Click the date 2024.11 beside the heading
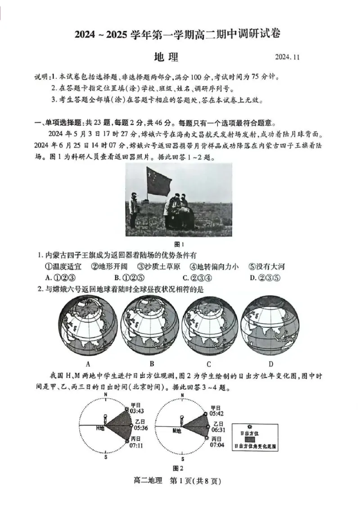click(287, 58)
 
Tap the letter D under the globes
click(271, 364)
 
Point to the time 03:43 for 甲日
click(136, 411)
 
